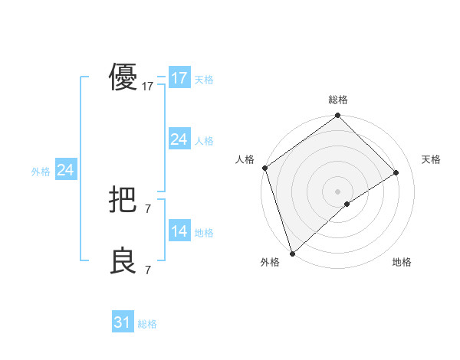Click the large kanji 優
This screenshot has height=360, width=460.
click(123, 77)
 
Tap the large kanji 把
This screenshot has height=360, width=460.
click(123, 200)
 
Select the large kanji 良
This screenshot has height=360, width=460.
click(123, 261)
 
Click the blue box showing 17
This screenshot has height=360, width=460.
click(179, 78)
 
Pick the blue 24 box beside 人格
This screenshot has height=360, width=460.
click(179, 139)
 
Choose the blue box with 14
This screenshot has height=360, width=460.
click(179, 231)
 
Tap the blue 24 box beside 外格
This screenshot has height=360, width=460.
click(66, 170)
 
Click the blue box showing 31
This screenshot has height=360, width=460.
click(123, 322)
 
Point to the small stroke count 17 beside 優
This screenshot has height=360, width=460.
click(148, 87)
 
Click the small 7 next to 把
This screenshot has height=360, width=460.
click(148, 208)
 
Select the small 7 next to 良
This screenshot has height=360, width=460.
click(148, 270)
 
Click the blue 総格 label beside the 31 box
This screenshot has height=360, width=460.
click(147, 324)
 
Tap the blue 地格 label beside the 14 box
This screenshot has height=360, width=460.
click(204, 233)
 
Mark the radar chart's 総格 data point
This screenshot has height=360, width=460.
click(337, 116)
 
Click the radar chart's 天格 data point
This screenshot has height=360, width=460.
click(396, 172)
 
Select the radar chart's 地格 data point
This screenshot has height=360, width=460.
click(347, 204)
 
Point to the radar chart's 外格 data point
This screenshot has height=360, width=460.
click(292, 253)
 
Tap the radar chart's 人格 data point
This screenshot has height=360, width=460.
click(264, 168)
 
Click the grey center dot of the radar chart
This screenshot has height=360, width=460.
click(337, 191)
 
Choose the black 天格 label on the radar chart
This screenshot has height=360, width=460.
click(432, 159)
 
